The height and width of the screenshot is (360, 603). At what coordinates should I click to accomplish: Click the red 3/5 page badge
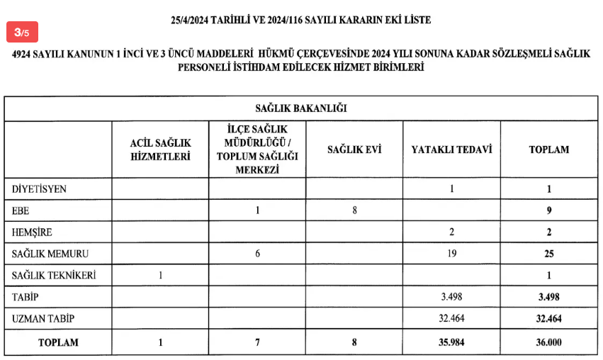21,33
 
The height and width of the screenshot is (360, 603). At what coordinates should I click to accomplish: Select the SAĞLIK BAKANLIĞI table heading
301,108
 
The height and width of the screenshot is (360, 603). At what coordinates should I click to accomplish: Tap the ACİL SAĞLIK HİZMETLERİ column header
161,150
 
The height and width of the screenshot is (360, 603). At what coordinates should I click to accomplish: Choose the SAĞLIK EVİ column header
355,150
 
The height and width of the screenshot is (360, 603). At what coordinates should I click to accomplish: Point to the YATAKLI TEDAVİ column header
451,150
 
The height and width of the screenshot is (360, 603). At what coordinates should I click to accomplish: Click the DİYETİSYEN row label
40,189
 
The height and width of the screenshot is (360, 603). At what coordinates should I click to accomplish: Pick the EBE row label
21,210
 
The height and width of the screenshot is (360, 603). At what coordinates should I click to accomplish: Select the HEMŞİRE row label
32,232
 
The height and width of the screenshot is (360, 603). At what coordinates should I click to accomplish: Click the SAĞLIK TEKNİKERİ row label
54,276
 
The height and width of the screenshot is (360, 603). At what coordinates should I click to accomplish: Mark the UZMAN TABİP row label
43,319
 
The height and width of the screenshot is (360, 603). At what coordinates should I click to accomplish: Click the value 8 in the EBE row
355,210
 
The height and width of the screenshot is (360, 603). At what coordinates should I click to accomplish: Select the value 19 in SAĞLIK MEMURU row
451,254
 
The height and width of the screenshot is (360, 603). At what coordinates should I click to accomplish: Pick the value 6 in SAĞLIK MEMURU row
257,254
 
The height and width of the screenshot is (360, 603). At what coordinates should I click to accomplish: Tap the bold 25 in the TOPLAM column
548,254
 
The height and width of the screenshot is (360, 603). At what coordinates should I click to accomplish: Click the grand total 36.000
548,342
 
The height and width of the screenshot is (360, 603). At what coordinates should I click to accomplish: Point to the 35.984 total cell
451,342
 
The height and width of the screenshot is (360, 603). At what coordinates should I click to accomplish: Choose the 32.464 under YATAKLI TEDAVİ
451,319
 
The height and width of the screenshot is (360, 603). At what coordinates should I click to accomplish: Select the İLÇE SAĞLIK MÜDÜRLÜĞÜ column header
257,149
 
